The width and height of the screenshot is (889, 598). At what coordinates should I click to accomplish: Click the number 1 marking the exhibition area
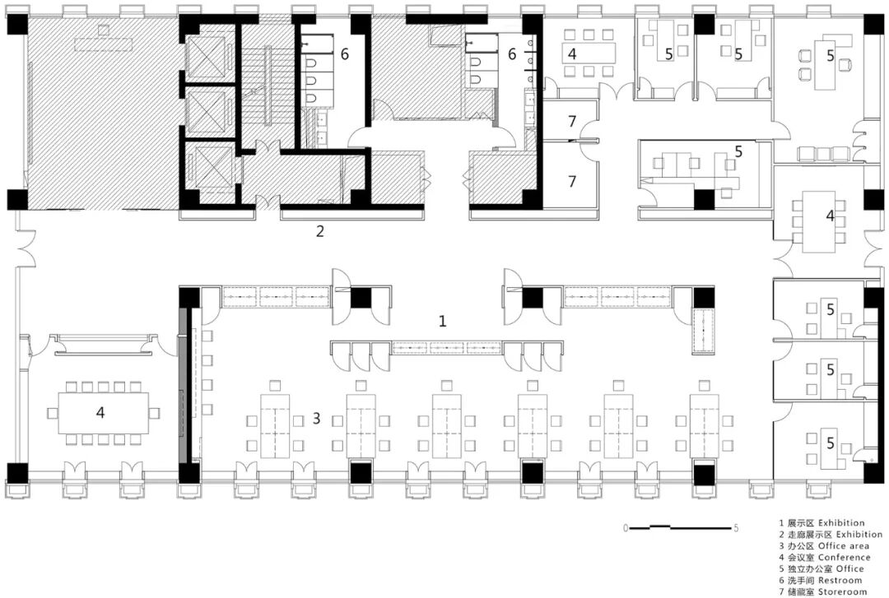(442, 321)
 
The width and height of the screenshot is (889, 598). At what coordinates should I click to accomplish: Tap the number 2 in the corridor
(319, 231)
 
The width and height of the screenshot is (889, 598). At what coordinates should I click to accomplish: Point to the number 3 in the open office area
(316, 419)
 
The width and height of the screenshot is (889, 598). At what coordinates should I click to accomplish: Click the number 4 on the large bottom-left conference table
(100, 412)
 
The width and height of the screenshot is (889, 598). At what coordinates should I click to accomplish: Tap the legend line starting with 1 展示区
(822, 522)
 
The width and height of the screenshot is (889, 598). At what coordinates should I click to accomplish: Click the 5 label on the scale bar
(736, 528)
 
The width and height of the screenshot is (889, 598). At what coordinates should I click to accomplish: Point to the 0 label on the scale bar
(626, 528)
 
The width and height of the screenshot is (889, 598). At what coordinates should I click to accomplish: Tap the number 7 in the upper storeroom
(571, 121)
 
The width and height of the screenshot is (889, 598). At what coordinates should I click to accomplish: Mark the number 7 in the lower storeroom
(571, 182)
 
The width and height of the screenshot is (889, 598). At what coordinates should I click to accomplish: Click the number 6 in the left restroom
(344, 53)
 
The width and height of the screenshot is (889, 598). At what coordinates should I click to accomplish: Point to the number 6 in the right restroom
(511, 53)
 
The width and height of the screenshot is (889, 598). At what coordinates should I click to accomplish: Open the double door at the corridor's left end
(26, 248)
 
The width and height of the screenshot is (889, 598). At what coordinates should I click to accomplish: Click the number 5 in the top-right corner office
(830, 56)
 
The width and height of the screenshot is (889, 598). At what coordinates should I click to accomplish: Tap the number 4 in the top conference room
(571, 53)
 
